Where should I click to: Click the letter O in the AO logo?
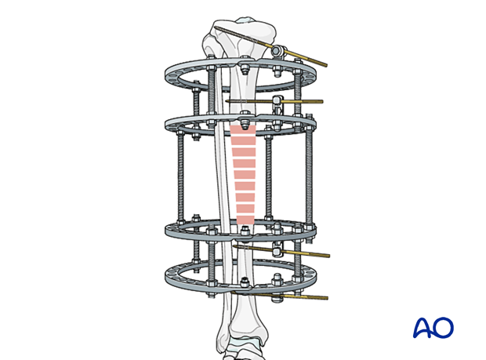tap(443, 327)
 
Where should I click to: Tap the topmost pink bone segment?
tap(243, 130)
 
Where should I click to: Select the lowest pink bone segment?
tap(245, 220)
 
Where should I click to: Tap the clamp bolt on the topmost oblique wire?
tap(277, 50)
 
